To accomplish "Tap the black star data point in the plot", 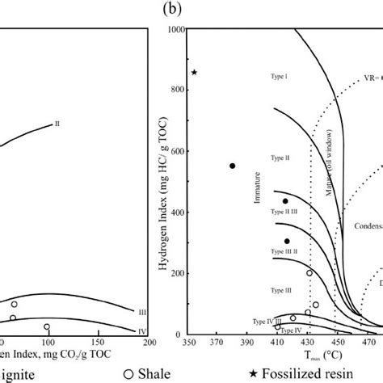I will pos(194,73).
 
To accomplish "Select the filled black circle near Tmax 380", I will pos(232,166).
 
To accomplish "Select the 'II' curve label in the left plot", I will pos(57,124).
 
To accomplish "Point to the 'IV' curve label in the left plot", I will pos(142,330).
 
